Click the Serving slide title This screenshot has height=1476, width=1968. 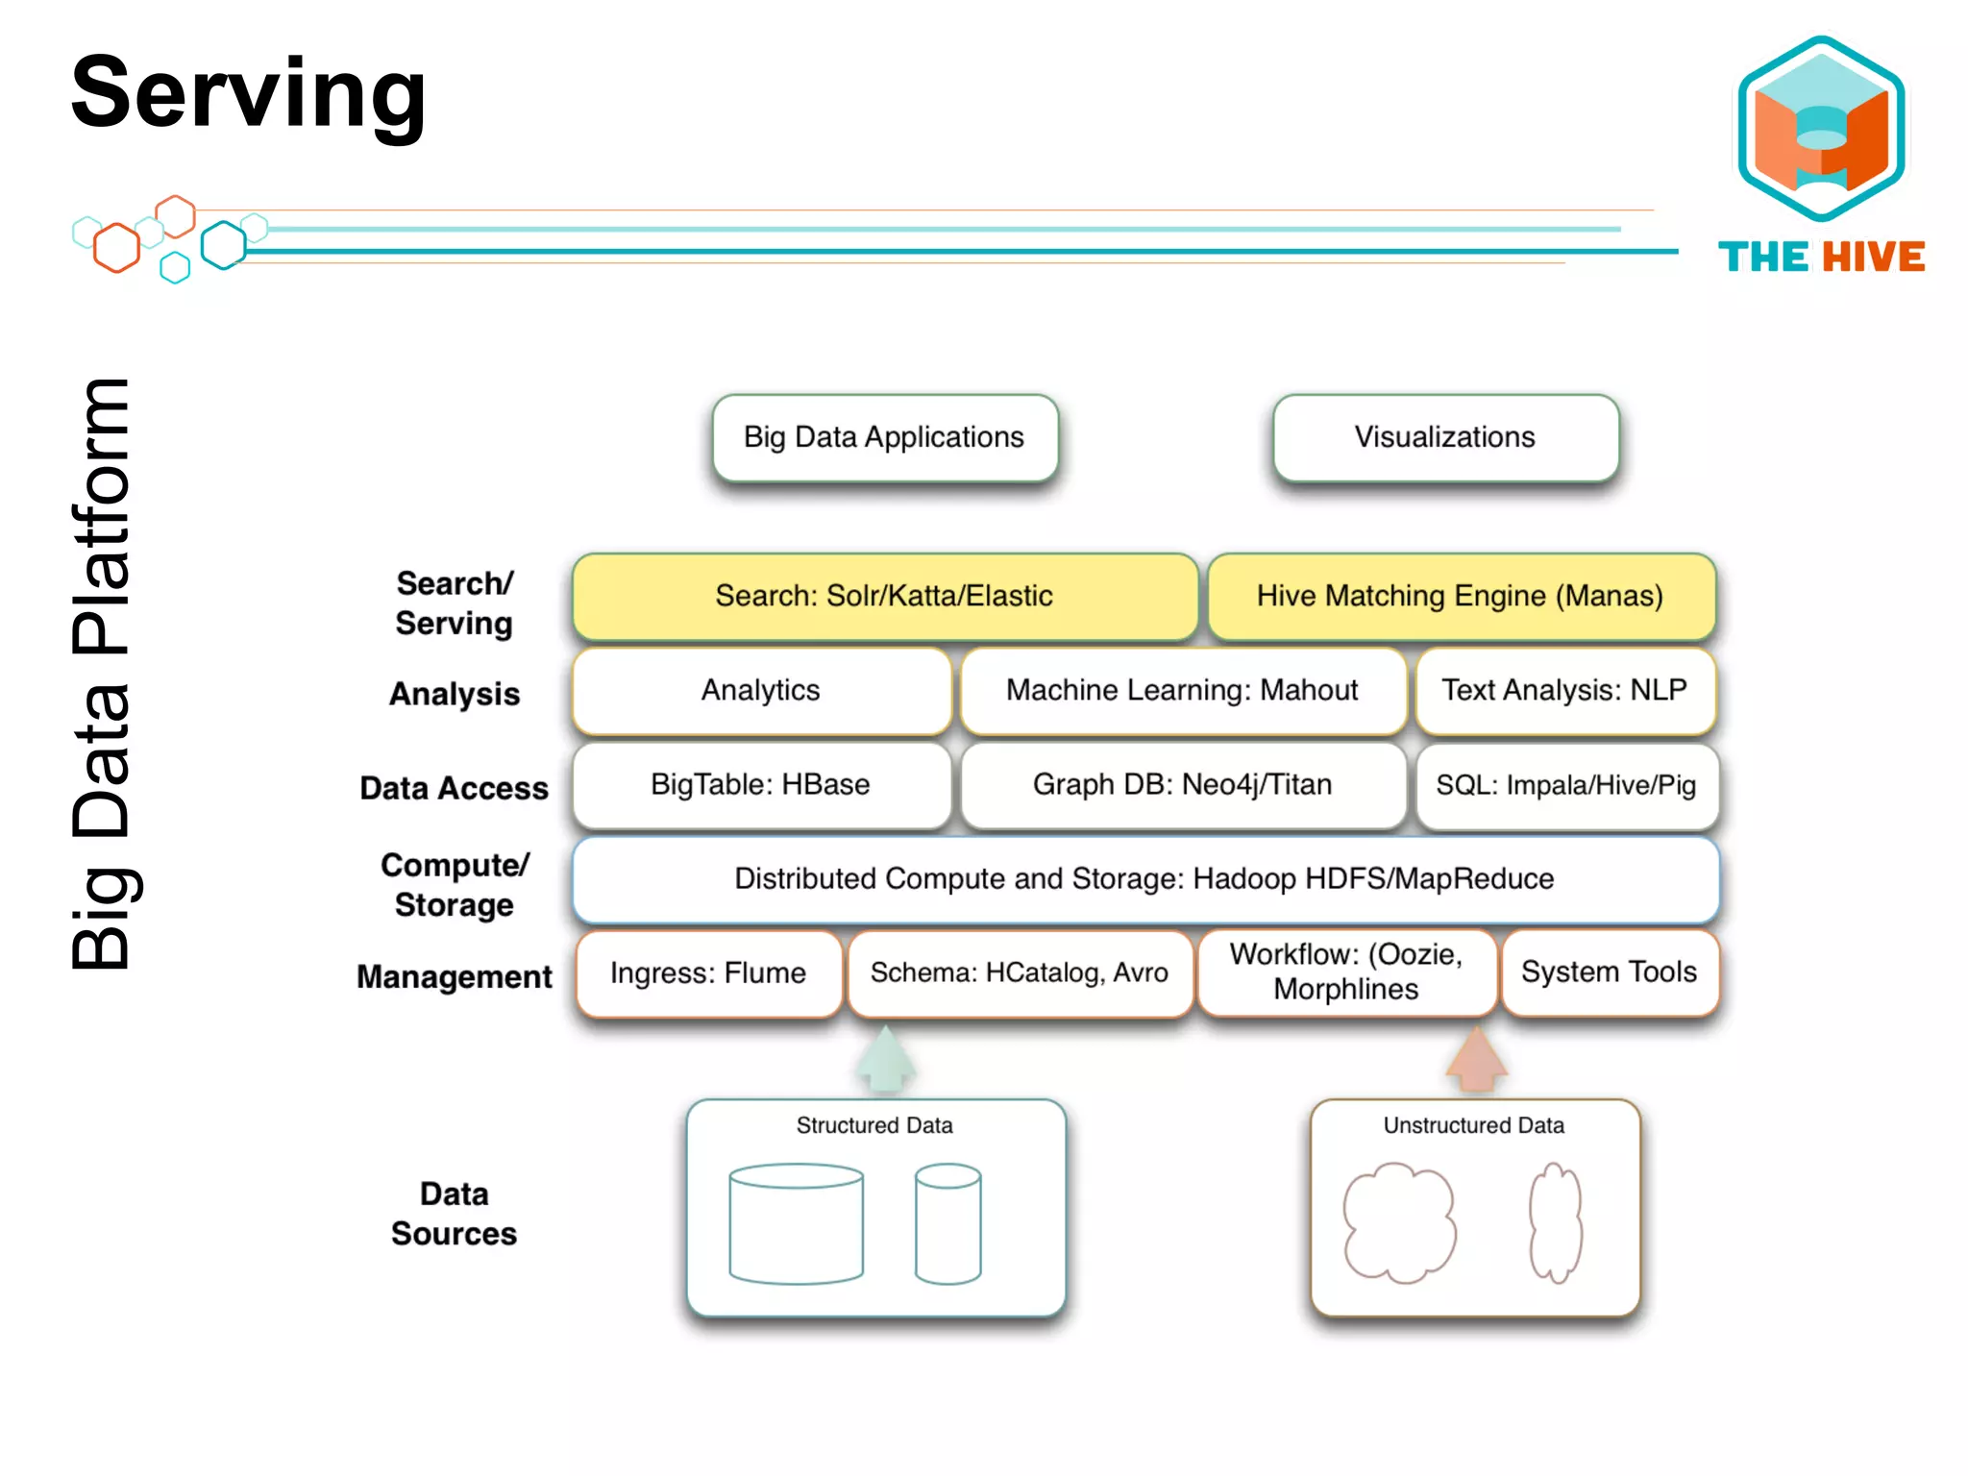point(248,93)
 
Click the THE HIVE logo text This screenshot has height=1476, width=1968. point(1821,257)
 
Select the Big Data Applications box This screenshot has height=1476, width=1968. point(885,437)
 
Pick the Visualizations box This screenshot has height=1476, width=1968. point(1445,437)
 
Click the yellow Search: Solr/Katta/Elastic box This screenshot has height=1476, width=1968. point(885,596)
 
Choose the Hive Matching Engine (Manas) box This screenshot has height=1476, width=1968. point(1461,596)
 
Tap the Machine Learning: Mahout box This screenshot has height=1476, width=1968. point(1182,690)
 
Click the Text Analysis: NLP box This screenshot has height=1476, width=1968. point(1564,690)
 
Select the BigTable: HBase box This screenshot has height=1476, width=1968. point(760,784)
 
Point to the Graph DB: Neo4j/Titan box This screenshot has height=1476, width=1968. point(1182,784)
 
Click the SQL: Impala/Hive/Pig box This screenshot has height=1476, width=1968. point(1566,785)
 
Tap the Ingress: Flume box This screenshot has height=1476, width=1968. point(708,972)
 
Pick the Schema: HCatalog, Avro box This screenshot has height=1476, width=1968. point(1020,972)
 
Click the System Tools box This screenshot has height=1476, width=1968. point(1610,972)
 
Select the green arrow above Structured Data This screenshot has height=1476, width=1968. point(885,1060)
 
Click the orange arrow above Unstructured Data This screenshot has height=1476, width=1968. point(1477,1060)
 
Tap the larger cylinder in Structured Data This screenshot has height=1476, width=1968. point(796,1224)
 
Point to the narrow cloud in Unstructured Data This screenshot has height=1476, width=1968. point(1555,1222)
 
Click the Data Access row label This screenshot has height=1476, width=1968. point(454,788)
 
